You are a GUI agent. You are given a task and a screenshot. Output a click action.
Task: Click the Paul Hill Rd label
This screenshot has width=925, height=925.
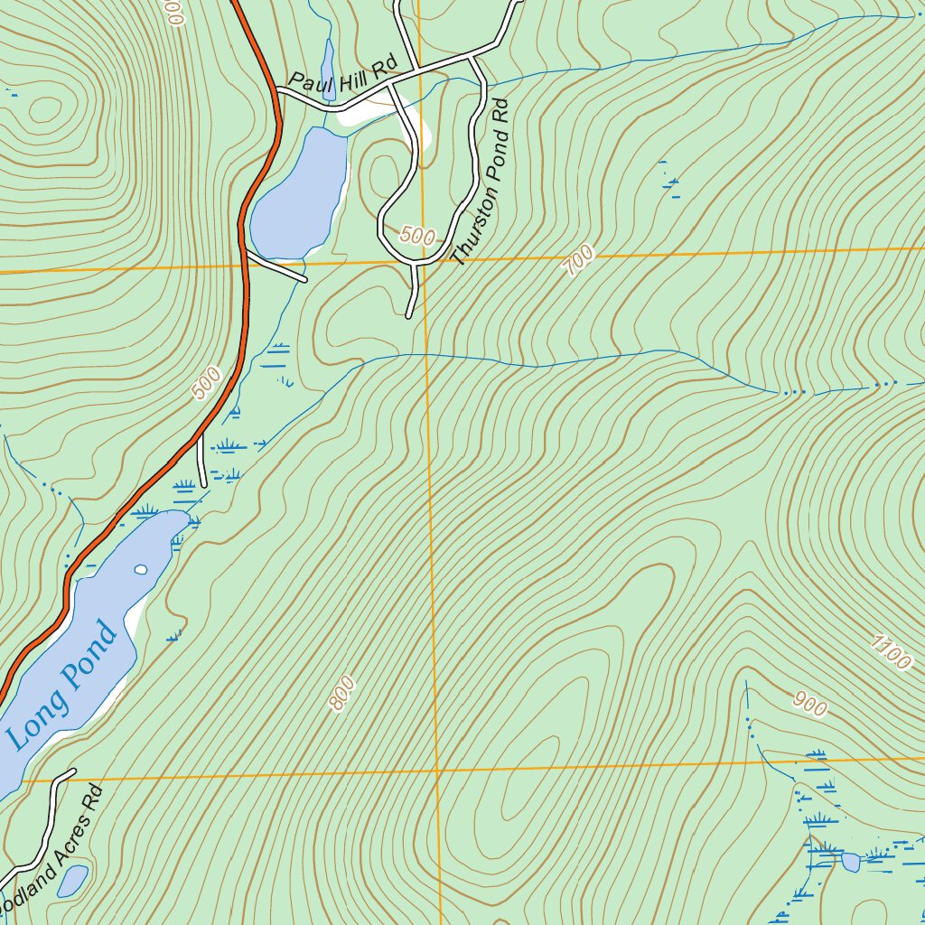point(343,77)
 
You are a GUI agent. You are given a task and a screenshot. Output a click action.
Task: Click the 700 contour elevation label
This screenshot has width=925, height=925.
point(578,261)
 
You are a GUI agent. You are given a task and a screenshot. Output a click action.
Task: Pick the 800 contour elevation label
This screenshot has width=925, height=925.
point(341,694)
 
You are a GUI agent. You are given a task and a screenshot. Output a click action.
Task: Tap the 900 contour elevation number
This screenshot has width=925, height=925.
point(809,703)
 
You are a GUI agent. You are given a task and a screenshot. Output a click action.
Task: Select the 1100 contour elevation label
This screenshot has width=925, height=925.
point(892,652)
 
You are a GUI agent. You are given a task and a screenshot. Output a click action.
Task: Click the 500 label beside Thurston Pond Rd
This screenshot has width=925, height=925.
point(416,237)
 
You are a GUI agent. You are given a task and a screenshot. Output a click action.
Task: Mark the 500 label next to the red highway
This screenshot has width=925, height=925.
point(207,383)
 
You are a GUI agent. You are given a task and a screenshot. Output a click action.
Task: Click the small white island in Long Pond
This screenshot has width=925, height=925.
point(140,569)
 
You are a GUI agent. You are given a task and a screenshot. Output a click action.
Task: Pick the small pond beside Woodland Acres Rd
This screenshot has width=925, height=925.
point(73,880)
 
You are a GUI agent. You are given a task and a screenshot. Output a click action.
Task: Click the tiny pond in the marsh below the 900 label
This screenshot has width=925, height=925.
point(850,862)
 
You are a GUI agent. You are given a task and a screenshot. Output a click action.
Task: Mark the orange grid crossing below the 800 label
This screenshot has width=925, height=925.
point(436,771)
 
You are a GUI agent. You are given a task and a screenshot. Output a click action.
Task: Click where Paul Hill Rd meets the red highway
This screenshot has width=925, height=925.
point(278,92)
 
